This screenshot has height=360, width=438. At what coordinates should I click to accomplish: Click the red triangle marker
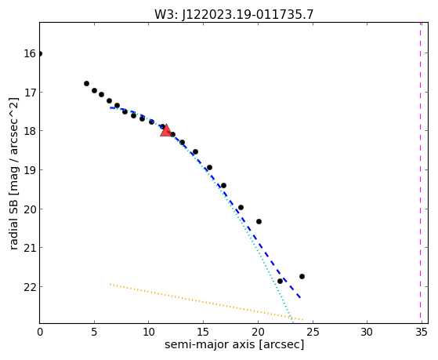click(166, 131)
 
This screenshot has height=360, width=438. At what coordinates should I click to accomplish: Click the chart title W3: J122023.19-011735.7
click(234, 15)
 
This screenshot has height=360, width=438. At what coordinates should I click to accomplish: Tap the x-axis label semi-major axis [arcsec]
click(234, 344)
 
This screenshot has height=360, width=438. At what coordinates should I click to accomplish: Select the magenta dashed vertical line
click(420, 173)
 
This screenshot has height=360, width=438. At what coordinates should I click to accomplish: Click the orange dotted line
click(206, 302)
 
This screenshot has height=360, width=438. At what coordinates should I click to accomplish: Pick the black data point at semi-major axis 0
click(40, 53)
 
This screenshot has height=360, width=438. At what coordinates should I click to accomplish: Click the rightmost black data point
click(302, 276)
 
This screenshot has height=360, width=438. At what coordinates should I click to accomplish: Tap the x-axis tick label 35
click(422, 333)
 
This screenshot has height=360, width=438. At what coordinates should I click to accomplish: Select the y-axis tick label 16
click(30, 53)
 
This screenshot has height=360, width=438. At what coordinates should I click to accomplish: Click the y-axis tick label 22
click(30, 287)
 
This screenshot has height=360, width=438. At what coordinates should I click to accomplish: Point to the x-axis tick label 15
click(203, 333)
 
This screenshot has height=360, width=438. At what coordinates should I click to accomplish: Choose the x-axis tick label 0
click(40, 333)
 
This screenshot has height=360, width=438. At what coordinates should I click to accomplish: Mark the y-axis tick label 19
click(30, 170)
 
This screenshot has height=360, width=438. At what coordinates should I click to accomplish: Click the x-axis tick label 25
click(313, 333)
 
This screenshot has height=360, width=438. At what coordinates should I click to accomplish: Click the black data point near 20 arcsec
click(259, 221)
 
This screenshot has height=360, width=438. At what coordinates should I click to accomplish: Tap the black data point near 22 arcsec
click(280, 281)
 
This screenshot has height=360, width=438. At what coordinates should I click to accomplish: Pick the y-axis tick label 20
click(30, 209)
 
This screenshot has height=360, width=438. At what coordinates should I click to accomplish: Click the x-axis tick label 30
click(367, 333)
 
